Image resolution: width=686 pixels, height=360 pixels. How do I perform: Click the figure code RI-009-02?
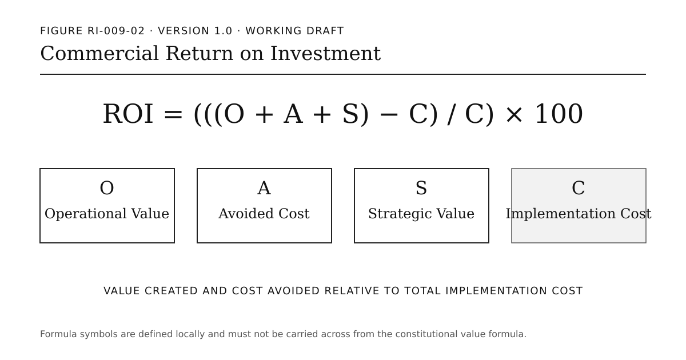click(x=116, y=31)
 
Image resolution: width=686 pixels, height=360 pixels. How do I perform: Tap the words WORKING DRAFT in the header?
click(x=294, y=31)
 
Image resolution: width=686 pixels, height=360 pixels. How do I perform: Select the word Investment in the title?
click(x=325, y=54)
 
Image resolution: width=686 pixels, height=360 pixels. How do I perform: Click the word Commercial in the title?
click(x=99, y=54)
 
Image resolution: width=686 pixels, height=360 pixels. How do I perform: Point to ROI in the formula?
click(x=128, y=114)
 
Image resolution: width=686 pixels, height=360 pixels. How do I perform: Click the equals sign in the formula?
click(x=173, y=114)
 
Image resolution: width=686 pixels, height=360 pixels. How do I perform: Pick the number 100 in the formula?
click(x=559, y=114)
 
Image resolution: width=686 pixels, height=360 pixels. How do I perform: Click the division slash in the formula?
click(x=452, y=114)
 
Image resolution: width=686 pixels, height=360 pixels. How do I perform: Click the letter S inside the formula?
click(x=350, y=114)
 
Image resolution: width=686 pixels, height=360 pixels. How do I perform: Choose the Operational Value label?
click(x=107, y=214)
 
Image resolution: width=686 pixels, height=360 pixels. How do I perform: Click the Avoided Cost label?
click(x=264, y=214)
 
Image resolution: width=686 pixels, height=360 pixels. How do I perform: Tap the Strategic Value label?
click(x=421, y=214)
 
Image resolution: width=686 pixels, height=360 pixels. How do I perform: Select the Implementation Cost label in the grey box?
click(x=579, y=214)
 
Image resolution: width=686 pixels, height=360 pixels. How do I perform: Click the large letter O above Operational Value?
click(x=107, y=188)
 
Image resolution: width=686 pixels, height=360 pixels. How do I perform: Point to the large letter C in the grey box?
click(x=579, y=188)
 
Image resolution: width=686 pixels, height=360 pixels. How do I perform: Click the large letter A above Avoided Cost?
click(x=264, y=188)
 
